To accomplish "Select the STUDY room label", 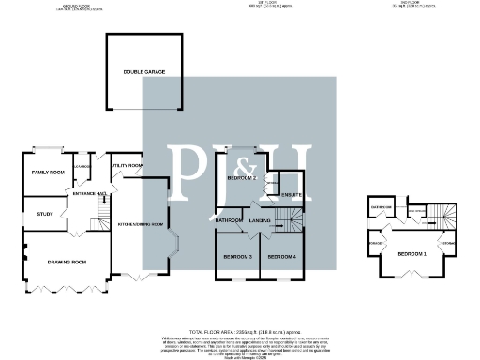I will click(43, 215).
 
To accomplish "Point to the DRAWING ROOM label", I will click(67, 262).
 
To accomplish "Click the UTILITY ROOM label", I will click(127, 166).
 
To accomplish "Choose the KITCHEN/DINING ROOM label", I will click(141, 225).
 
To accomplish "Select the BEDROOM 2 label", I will click(242, 177).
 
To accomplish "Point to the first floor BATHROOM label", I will click(231, 220).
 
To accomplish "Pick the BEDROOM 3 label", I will click(237, 256).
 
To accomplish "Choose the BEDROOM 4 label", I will click(281, 256).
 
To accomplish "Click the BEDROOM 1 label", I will click(412, 254).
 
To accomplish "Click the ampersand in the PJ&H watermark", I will click(238, 155).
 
